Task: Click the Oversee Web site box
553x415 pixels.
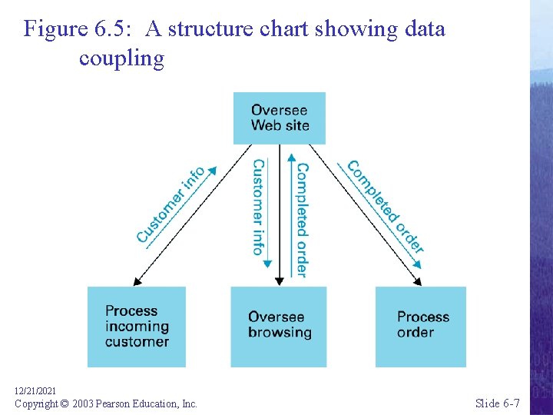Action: click(280, 118)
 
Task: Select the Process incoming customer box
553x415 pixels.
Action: click(137, 327)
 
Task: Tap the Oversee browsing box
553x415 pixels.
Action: click(279, 326)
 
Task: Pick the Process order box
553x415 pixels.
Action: click(420, 326)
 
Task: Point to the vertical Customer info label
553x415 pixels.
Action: click(258, 207)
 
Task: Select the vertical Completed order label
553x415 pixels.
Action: click(302, 219)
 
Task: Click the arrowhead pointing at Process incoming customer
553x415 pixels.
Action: click(134, 280)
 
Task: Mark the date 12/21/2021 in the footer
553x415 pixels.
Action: click(35, 391)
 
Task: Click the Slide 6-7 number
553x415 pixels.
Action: click(497, 403)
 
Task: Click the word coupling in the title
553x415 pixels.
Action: click(121, 59)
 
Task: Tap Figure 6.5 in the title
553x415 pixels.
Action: click(77, 29)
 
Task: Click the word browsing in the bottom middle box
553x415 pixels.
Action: click(280, 334)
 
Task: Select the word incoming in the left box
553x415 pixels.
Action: click(137, 327)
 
